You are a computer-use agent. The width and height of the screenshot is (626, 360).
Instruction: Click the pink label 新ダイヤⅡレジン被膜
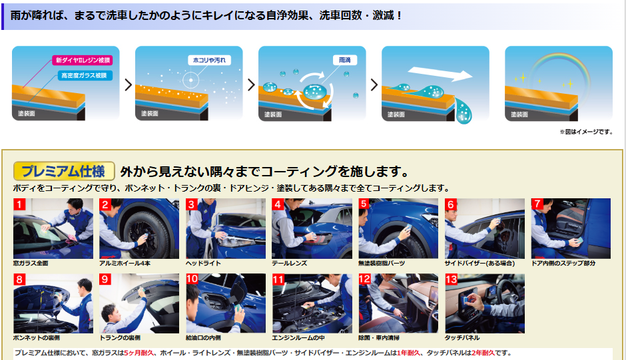tap(82, 61)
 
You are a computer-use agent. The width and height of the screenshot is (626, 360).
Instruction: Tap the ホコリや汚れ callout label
tap(209, 61)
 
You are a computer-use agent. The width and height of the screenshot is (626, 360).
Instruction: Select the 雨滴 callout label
tap(344, 60)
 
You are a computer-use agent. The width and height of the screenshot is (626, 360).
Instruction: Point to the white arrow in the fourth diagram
tap(440, 74)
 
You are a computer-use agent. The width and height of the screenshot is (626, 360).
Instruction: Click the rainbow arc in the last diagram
tap(559, 57)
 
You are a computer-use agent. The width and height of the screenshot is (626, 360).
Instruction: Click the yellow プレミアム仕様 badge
tap(64, 171)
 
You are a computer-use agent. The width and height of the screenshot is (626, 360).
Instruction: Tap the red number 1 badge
tap(19, 204)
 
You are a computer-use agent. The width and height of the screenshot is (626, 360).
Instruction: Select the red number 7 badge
tap(537, 204)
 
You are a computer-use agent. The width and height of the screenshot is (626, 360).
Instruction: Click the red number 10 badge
tap(192, 279)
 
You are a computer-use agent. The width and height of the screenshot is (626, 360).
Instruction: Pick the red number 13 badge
tap(451, 279)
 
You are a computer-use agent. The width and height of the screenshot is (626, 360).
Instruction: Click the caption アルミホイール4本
tap(125, 264)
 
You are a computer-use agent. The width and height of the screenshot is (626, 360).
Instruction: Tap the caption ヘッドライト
tap(203, 264)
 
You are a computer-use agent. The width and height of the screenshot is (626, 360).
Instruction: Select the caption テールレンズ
tap(289, 264)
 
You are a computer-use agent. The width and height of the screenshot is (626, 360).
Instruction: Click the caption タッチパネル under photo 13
tap(462, 337)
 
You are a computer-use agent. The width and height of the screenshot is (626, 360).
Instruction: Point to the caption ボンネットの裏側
tap(37, 337)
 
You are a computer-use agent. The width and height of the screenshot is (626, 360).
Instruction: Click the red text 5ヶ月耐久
tap(139, 353)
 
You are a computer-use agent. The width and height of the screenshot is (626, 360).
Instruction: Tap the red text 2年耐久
tap(483, 353)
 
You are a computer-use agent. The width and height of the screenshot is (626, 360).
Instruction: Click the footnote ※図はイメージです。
tap(586, 132)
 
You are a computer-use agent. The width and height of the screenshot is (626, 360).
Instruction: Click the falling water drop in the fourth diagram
tap(464, 111)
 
